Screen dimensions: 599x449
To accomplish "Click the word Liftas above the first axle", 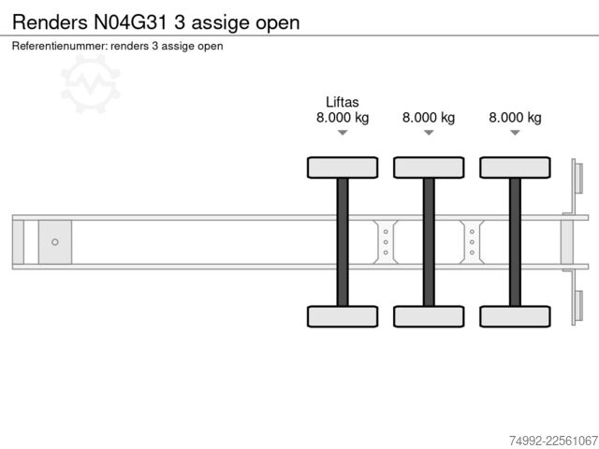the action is (x=343, y=102).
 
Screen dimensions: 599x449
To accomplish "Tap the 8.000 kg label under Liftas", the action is (x=343, y=117).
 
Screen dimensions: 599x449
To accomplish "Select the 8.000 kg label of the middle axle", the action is (x=429, y=117).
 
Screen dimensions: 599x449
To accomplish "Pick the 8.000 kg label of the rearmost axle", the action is (x=515, y=117).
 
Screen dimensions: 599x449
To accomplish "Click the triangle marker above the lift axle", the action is (x=343, y=132).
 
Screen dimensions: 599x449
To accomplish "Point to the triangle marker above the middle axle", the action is (x=429, y=132).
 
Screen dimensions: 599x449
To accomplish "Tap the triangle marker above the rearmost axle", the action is (x=515, y=132).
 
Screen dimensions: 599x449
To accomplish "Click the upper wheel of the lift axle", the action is (x=343, y=167).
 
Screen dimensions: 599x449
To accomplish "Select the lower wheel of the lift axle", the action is (x=343, y=316).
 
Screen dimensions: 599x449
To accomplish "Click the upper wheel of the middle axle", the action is (x=429, y=167).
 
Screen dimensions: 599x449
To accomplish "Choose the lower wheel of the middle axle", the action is (x=429, y=316).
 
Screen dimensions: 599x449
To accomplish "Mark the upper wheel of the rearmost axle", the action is (x=515, y=167).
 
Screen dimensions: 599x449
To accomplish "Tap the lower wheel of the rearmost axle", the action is (x=515, y=316).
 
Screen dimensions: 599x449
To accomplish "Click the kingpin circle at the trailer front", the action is (x=55, y=242).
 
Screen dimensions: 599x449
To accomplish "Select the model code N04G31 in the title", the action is (x=130, y=22).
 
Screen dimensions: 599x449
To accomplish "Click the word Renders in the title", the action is (x=50, y=22).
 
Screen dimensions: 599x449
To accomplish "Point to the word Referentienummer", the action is (x=60, y=46).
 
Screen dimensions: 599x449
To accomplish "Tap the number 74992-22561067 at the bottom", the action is (x=553, y=441).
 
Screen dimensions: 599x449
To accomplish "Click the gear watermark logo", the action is (x=91, y=84).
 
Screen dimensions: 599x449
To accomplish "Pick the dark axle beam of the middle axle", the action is (x=429, y=242).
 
